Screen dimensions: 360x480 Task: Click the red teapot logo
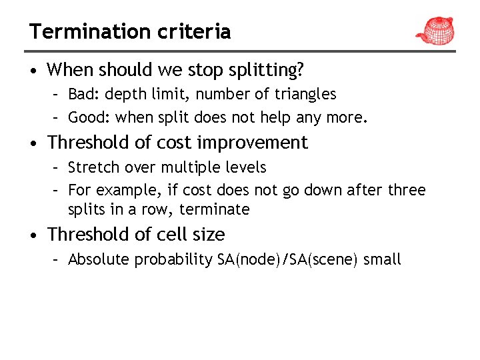click(x=435, y=29)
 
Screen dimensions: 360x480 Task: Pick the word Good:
click(x=89, y=118)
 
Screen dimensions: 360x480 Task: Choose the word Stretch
click(x=93, y=167)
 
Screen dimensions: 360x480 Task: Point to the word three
click(x=406, y=190)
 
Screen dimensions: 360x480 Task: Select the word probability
click(x=174, y=260)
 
